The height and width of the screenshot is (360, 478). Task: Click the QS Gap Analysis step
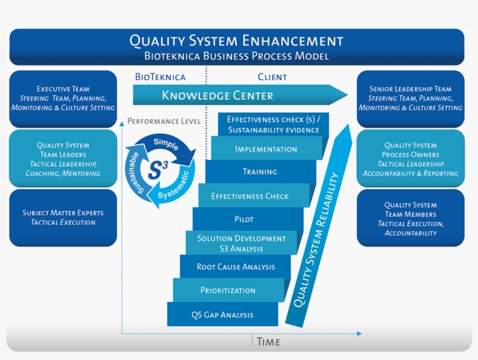pos(222,315)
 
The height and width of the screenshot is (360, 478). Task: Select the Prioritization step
pos(228,291)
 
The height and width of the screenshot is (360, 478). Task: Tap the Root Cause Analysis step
pos(236,267)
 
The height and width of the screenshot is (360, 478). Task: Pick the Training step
pos(259,172)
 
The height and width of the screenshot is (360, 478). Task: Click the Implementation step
pos(266,149)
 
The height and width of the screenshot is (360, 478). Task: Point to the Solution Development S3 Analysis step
pos(241,243)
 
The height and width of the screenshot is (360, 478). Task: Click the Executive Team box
pos(63,99)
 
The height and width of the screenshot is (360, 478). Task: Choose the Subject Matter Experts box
pos(63,218)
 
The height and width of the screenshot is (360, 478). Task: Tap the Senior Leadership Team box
pos(410,99)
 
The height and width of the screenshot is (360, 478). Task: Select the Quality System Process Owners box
pos(410,159)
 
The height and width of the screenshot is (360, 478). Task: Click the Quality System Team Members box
pos(410,218)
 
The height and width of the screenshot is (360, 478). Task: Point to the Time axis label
pos(268,342)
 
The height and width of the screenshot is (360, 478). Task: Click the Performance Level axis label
pos(164,121)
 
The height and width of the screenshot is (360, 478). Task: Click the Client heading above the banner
pos(272,77)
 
